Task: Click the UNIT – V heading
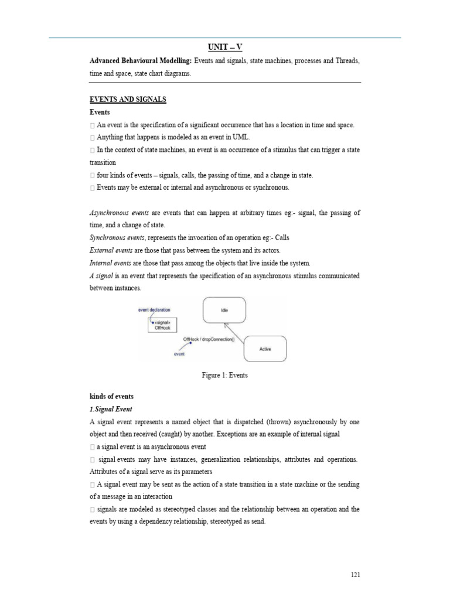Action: [224, 47]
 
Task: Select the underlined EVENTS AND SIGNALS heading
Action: [128, 100]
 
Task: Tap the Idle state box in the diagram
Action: [224, 311]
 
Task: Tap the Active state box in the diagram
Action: [265, 349]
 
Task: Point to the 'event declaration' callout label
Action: [154, 309]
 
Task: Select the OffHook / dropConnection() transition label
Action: [208, 339]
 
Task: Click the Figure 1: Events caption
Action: [224, 376]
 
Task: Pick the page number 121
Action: [355, 575]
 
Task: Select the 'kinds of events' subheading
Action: [111, 397]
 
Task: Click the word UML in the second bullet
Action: [241, 137]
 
